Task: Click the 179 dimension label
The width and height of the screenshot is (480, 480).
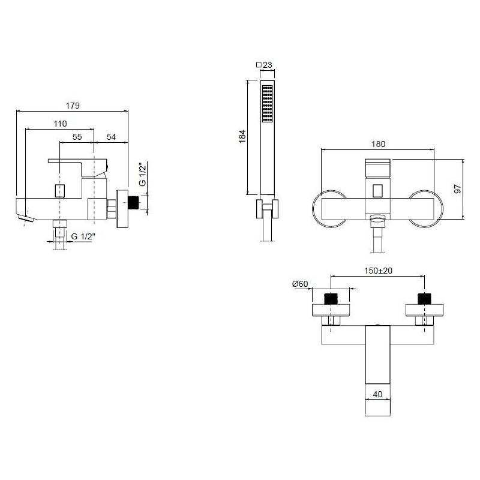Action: click(73, 106)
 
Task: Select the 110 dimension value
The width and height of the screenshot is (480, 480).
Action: click(60, 124)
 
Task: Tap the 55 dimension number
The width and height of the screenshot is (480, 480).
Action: click(77, 137)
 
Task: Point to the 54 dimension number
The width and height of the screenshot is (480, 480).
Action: click(111, 137)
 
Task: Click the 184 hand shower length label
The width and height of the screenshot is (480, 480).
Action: click(242, 137)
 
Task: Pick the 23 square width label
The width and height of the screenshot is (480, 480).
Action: click(264, 65)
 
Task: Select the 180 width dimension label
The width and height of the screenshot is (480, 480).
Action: click(378, 144)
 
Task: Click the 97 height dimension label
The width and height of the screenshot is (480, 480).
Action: click(458, 189)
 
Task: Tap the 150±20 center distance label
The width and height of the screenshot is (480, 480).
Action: click(378, 271)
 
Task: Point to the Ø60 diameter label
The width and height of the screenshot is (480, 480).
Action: click(300, 284)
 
